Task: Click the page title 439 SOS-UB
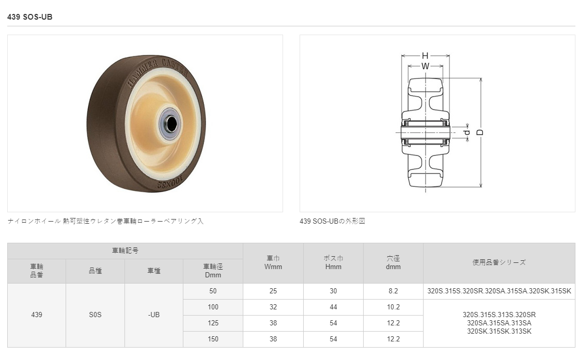point(29,17)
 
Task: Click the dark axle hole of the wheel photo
point(170,124)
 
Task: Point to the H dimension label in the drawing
point(425,56)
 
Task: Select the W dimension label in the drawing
point(425,66)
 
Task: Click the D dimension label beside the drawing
point(479,132)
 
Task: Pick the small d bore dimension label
point(467,132)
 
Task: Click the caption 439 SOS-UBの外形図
point(332,221)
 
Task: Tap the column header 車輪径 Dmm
point(213,271)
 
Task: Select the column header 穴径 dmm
point(393,262)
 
